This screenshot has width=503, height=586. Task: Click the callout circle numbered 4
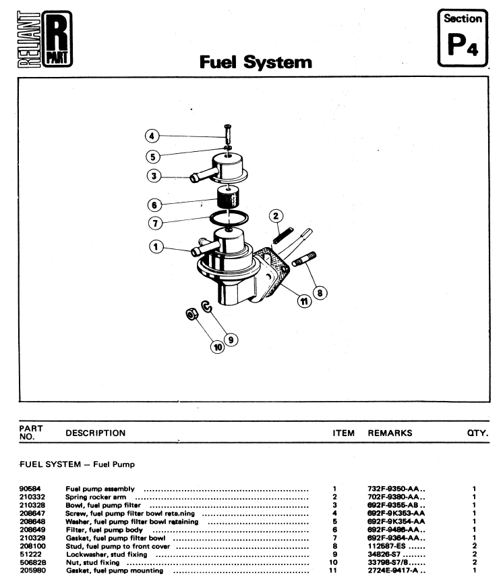(x=153, y=136)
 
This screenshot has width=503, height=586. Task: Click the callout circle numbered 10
(x=217, y=348)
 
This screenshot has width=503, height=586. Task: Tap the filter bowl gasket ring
(x=229, y=218)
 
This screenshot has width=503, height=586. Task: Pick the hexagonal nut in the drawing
(x=191, y=314)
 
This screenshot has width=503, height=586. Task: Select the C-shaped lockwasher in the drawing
(x=208, y=308)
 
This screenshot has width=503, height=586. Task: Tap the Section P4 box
(x=462, y=38)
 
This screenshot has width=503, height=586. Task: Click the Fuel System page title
(x=256, y=63)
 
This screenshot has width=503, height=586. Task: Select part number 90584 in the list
(x=30, y=487)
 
